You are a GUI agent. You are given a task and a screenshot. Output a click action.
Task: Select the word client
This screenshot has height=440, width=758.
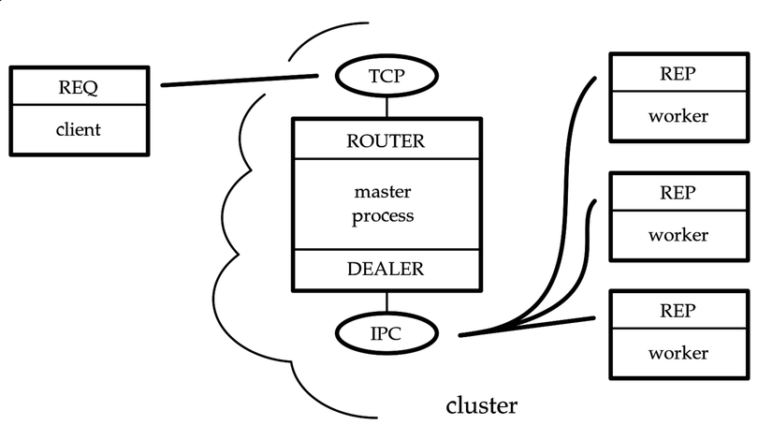[79, 128]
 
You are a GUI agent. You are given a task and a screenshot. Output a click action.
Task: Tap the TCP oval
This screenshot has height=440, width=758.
[385, 78]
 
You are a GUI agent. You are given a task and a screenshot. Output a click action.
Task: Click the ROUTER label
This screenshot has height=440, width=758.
[385, 141]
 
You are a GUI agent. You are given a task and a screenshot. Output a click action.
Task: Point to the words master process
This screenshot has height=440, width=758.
[384, 204]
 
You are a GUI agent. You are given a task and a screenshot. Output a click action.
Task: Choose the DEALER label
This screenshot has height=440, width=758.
[385, 269]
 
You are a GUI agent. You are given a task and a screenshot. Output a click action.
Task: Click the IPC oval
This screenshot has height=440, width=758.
[385, 330]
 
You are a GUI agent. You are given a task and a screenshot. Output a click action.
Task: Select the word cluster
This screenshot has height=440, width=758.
[481, 405]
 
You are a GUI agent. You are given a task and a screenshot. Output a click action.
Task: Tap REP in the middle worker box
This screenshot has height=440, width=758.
[678, 193]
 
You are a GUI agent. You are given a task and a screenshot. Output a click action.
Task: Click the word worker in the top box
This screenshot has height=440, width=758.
[678, 117]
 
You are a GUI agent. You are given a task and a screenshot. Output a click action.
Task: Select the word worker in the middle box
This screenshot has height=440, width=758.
[678, 235]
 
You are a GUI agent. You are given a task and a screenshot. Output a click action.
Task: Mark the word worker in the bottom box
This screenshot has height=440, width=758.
[678, 353]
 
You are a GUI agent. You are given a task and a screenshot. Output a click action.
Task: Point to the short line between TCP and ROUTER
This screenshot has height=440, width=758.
[385, 108]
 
